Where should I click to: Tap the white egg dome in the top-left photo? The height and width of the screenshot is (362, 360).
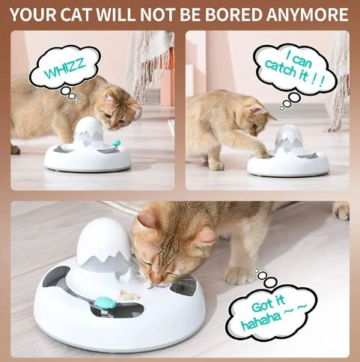(88, 132)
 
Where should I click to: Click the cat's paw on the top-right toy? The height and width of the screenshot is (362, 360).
(261, 152)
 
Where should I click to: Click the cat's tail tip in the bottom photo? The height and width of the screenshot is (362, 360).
(341, 212)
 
